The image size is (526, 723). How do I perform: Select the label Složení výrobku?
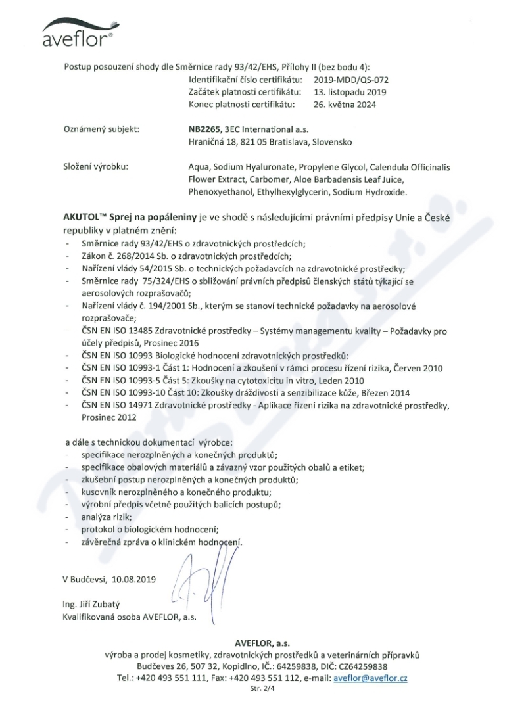[x=96, y=167]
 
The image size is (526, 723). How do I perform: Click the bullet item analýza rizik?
[x=101, y=518]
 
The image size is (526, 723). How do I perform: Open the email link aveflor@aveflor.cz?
[x=370, y=678]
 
